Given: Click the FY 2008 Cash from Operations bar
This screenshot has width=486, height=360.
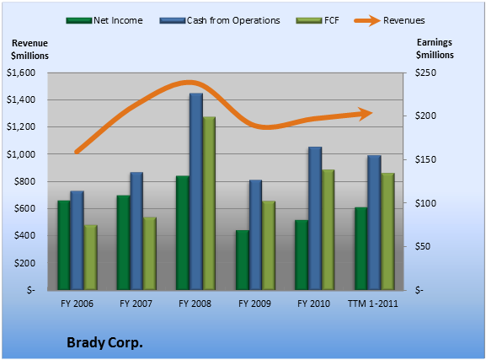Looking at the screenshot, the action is click(196, 191).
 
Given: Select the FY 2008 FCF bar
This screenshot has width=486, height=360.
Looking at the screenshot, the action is click(209, 203).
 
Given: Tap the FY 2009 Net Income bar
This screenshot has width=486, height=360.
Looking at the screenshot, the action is click(243, 260).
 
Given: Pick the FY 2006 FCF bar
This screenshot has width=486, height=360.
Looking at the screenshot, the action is click(91, 258).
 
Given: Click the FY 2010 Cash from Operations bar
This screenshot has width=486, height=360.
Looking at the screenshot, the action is click(315, 218).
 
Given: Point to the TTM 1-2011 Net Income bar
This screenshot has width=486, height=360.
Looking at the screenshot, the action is click(361, 249).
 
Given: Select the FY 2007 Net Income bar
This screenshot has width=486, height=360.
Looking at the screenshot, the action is click(123, 243).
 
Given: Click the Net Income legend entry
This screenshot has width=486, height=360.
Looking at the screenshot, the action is click(104, 20).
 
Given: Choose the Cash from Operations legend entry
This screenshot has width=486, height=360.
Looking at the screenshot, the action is click(220, 20).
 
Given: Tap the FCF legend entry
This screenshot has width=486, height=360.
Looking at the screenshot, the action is click(318, 20).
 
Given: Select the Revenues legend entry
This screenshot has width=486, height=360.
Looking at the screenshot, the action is click(389, 20).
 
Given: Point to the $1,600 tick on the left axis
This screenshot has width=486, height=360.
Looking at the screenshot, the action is click(21, 73).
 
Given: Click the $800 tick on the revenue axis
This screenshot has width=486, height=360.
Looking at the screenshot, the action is click(24, 181).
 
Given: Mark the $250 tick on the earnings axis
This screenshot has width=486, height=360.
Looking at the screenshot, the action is click(425, 73).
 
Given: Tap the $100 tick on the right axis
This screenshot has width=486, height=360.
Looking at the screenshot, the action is click(425, 203).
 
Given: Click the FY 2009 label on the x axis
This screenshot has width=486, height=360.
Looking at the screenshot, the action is click(254, 304).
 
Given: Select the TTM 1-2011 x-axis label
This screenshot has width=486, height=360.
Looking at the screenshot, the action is click(372, 304).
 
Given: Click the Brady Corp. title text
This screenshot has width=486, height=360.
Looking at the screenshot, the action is click(104, 343).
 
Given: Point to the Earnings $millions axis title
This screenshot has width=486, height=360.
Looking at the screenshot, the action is click(435, 48).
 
